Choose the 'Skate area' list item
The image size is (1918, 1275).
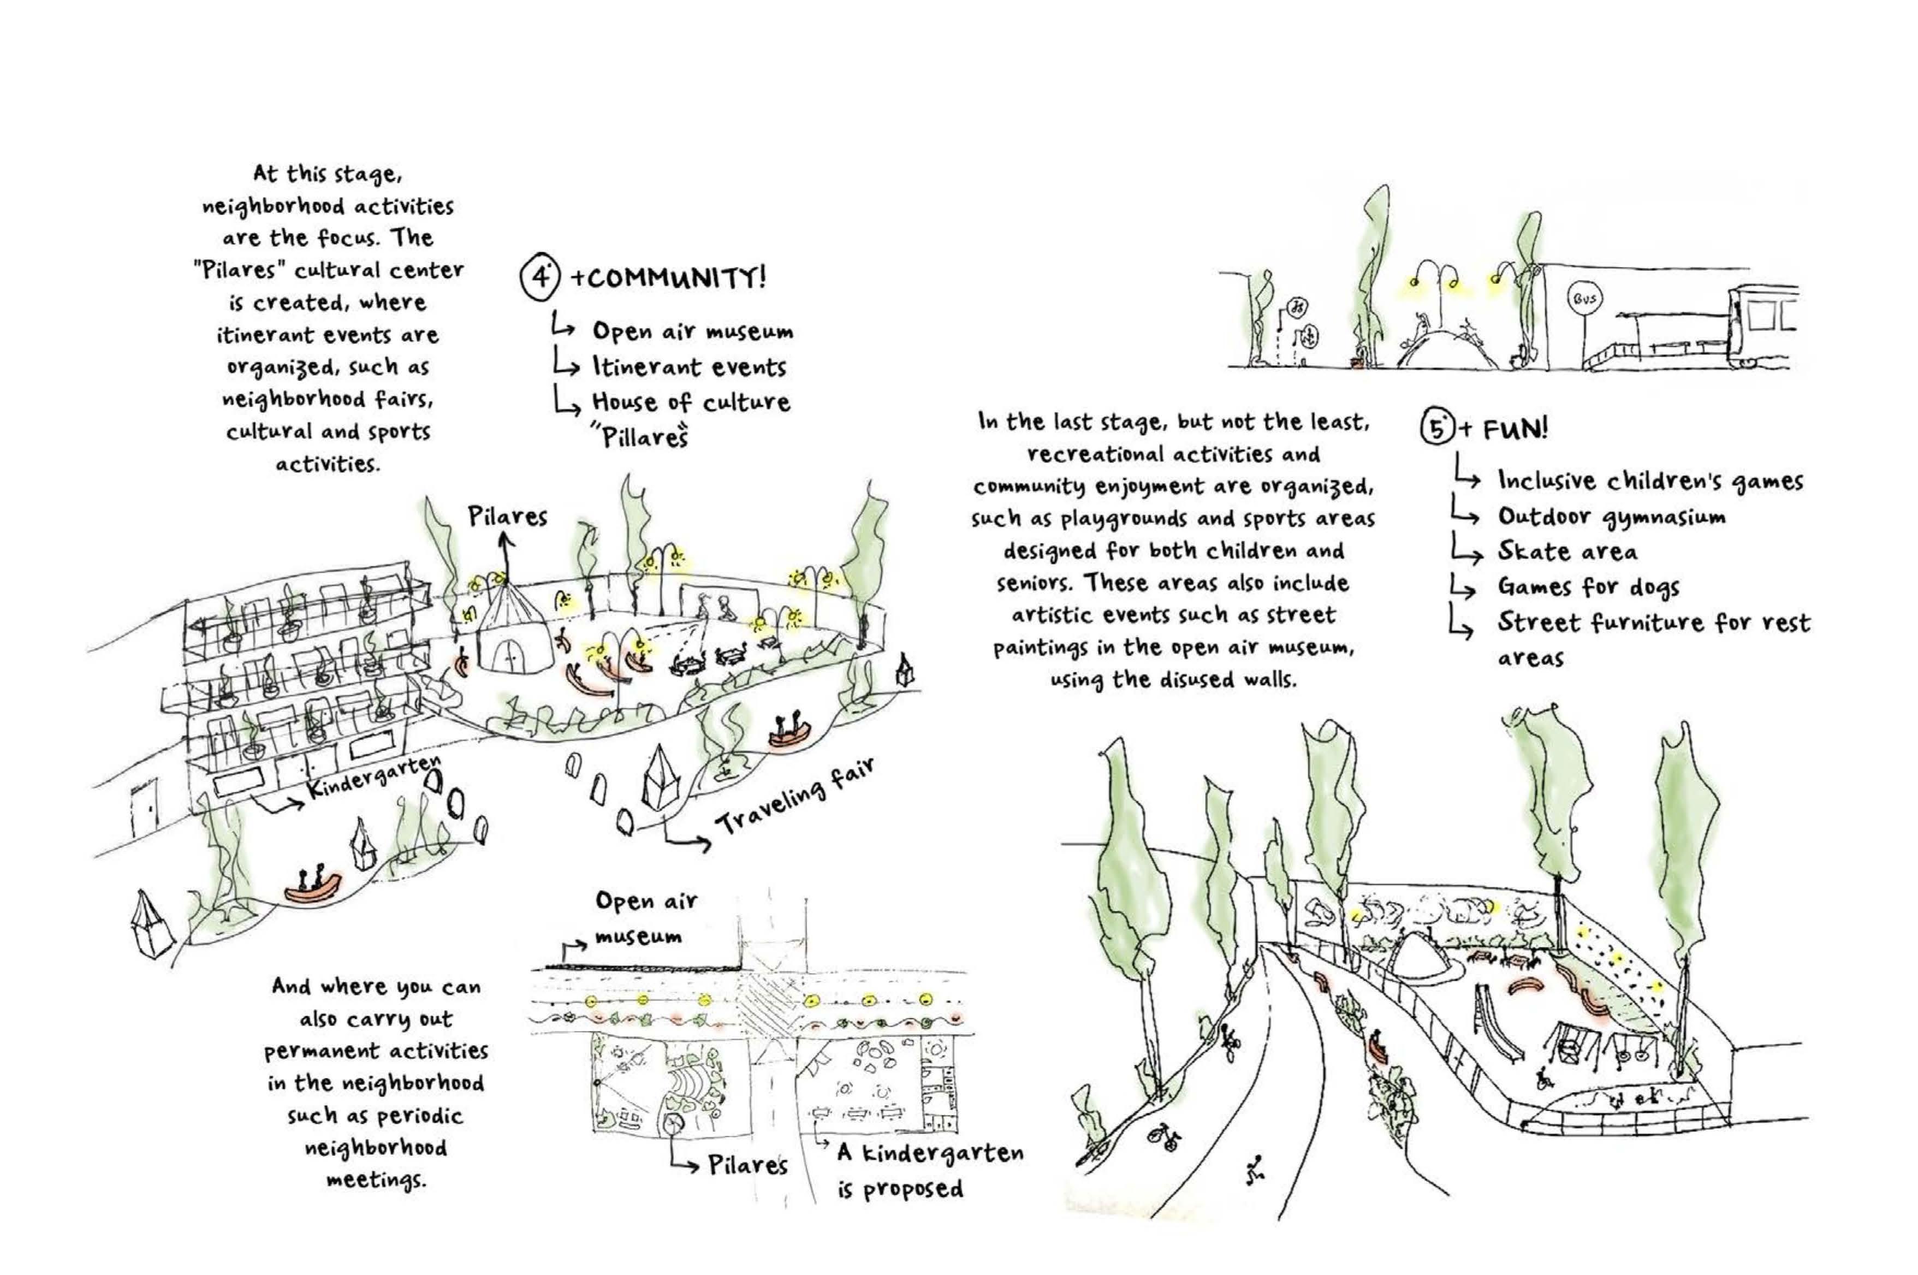(x=1567, y=552)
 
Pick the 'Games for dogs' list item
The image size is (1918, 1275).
(x=1588, y=586)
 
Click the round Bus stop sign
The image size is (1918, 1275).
(x=1584, y=299)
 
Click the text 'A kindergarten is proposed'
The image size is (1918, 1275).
(x=929, y=1171)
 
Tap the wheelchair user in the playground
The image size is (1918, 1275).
(x=1542, y=1078)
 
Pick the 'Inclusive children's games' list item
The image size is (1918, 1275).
(x=1650, y=482)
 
